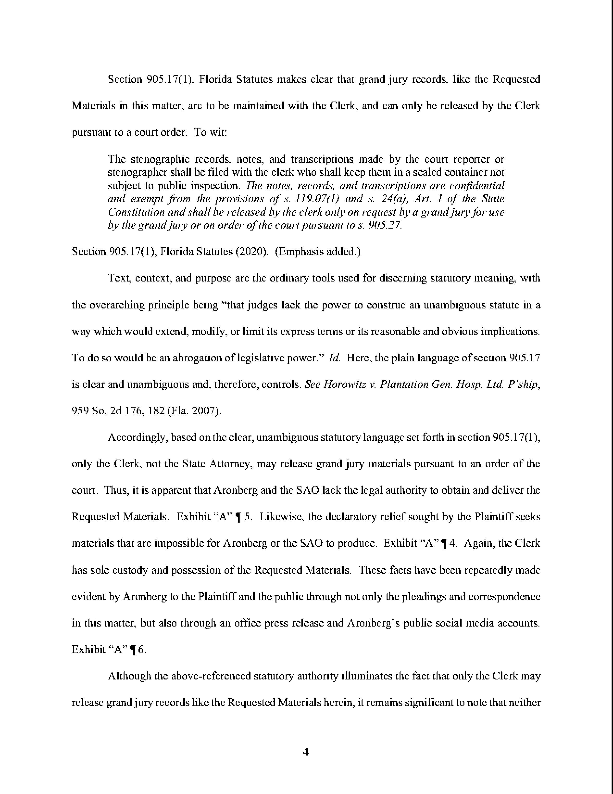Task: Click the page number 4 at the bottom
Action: (306, 751)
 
